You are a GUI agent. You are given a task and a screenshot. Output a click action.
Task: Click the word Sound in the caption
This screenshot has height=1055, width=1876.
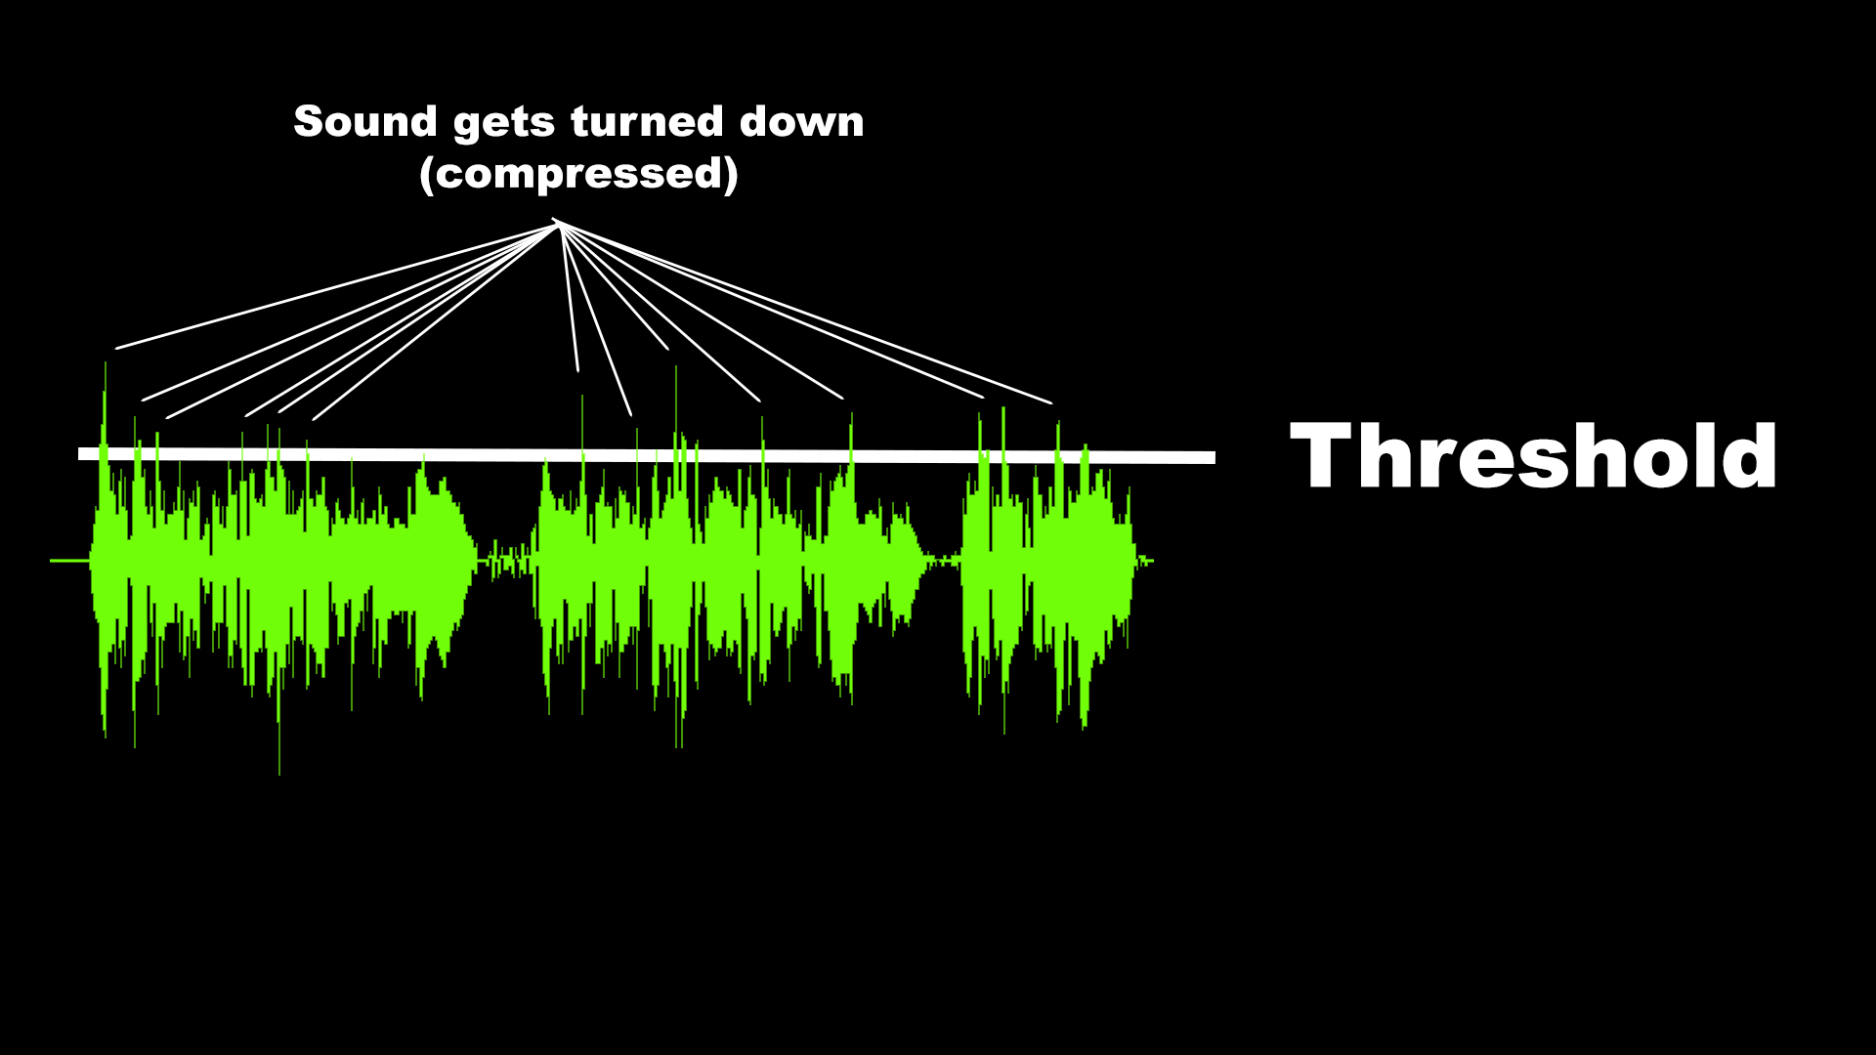point(364,122)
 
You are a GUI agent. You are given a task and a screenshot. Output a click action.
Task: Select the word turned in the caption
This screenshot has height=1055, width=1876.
point(647,122)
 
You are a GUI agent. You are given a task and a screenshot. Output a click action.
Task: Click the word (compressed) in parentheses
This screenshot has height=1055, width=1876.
point(578,175)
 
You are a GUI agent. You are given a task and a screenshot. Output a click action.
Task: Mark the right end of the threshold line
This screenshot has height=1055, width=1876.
point(1212,457)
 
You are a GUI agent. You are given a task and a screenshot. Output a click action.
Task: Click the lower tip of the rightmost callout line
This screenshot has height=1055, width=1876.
point(1050,402)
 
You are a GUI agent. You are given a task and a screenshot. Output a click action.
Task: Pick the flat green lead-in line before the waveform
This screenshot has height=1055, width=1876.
point(68,561)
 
